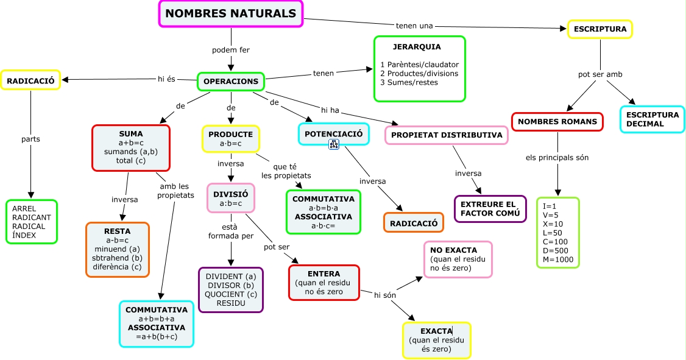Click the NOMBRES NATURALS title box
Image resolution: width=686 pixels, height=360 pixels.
click(x=231, y=14)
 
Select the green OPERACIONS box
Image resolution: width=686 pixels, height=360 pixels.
click(x=230, y=81)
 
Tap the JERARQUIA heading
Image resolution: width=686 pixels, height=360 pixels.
click(x=417, y=46)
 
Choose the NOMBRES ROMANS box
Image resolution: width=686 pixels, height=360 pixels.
click(x=557, y=122)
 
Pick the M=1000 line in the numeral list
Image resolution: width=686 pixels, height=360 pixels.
click(x=558, y=259)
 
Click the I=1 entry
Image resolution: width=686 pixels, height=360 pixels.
click(x=550, y=206)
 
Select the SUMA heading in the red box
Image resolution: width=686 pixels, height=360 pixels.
click(x=131, y=133)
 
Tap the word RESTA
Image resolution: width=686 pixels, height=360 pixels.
click(x=117, y=231)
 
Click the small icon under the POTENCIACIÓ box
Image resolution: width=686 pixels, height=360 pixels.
click(x=334, y=144)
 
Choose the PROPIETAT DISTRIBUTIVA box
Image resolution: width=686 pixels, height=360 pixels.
click(x=447, y=135)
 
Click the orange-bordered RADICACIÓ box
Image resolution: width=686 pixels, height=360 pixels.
click(x=413, y=223)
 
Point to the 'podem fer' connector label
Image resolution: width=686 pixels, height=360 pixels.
click(x=230, y=50)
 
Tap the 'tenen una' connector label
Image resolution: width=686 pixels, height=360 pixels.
click(x=414, y=26)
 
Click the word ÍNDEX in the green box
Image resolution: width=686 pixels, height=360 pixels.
click(x=24, y=235)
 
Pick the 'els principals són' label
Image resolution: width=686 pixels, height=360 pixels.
click(x=557, y=158)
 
